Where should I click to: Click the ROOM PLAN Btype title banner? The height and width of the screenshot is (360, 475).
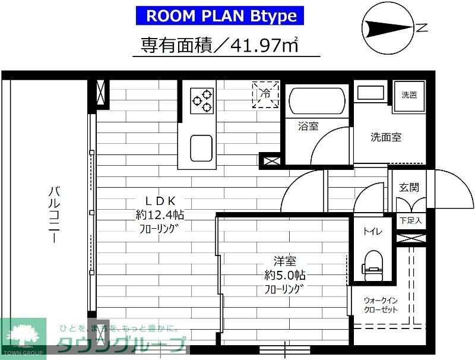tap(221, 15)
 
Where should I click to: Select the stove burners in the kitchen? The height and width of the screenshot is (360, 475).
tap(202, 100)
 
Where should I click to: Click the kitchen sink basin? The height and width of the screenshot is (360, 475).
tap(201, 146)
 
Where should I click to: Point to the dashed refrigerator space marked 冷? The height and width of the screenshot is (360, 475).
tap(265, 94)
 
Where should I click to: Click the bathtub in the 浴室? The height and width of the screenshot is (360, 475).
tap(315, 102)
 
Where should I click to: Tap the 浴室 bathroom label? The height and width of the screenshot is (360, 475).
tap(308, 126)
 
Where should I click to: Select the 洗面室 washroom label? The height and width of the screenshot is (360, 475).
tap(386, 137)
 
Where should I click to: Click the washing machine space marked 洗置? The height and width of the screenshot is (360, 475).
tap(409, 94)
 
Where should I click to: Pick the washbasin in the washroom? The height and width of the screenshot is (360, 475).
tap(371, 94)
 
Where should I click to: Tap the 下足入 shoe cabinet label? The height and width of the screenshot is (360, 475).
tap(410, 220)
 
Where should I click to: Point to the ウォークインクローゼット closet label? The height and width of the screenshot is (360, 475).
tap(381, 305)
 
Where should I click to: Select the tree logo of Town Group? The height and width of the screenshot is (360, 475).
tap(23, 334)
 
